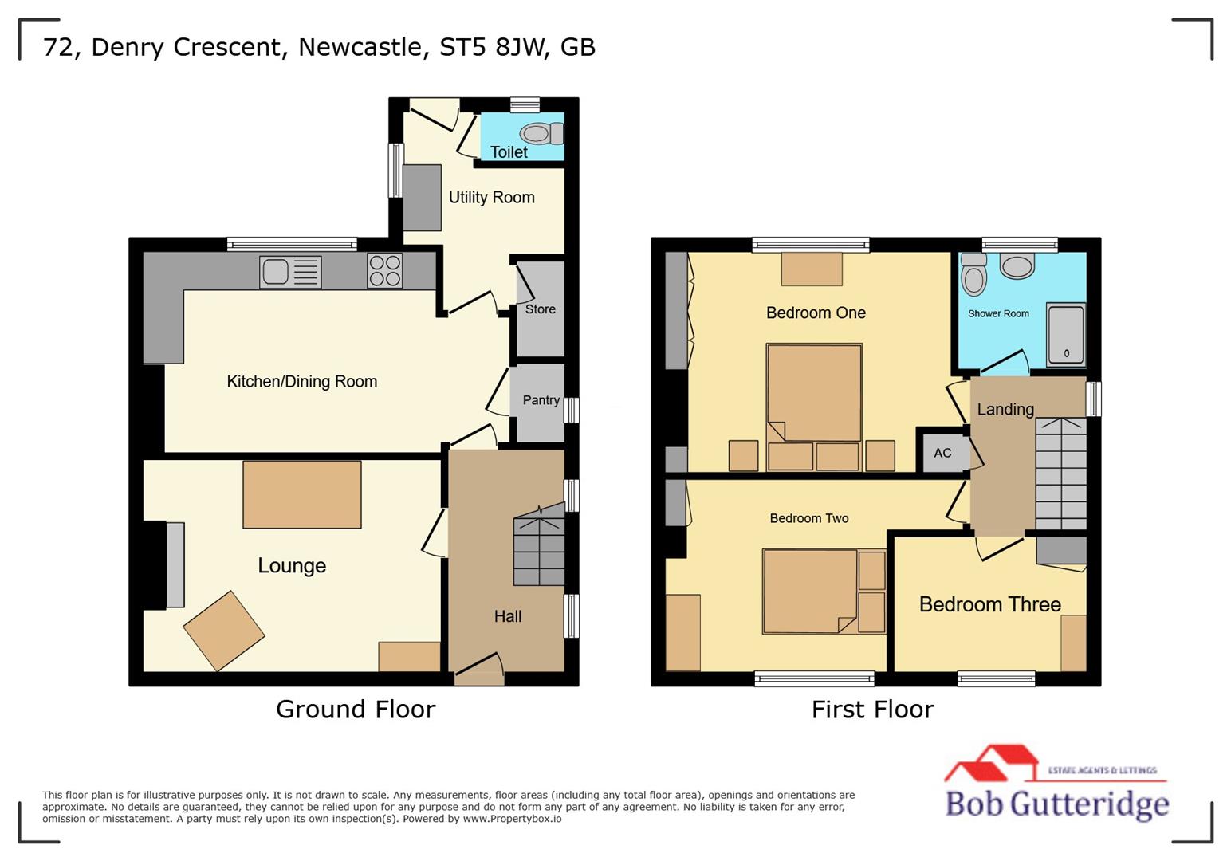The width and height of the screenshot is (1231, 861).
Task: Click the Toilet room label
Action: tap(509, 151)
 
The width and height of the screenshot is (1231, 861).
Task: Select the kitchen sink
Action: tap(290, 272)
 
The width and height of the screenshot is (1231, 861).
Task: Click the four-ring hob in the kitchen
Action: tap(384, 270)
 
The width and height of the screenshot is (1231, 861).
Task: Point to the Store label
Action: tap(540, 309)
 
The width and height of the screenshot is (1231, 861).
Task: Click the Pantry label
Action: tap(541, 400)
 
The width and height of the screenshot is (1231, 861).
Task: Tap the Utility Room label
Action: tap(491, 198)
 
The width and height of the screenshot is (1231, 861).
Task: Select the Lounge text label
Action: tap(292, 566)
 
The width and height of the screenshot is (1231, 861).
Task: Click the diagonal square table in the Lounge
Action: tap(224, 631)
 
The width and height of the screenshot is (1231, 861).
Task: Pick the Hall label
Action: tap(507, 616)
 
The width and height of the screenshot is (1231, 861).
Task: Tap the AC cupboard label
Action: tap(942, 453)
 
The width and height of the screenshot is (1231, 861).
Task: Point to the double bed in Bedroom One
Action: tap(814, 392)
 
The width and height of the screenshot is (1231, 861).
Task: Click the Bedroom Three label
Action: tap(989, 604)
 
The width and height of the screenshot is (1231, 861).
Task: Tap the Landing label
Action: tap(1005, 410)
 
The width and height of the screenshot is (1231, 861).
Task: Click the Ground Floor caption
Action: tap(356, 709)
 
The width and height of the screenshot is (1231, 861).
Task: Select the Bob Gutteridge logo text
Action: tap(1056, 804)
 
